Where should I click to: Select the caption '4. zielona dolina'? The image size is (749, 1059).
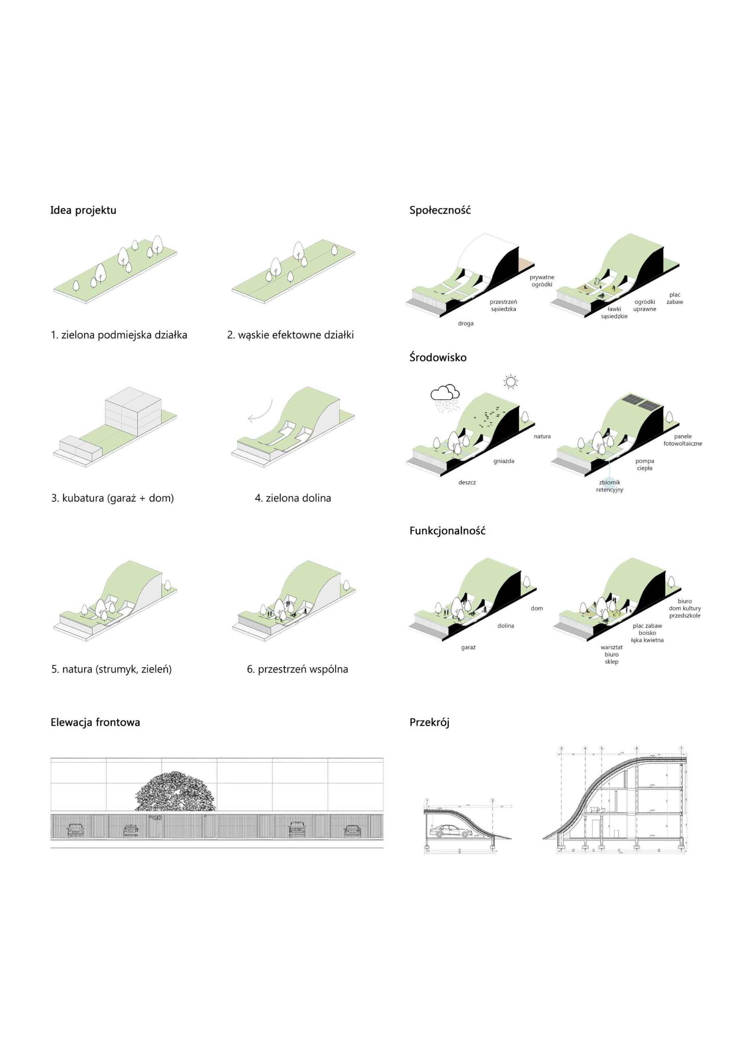coord(293,498)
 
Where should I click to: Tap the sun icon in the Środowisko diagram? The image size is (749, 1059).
coord(510,382)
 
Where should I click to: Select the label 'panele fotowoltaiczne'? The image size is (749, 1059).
coord(683,440)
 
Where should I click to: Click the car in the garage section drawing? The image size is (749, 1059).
coord(450,831)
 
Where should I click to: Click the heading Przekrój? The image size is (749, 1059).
coord(429,722)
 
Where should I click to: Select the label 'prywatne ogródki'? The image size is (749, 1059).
coord(542,281)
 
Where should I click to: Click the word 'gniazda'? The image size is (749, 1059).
coord(503,461)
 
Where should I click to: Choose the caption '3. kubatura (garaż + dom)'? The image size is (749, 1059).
coord(113,498)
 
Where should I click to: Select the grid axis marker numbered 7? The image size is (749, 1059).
coord(681,748)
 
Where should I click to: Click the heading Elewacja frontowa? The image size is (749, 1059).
coord(95,722)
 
